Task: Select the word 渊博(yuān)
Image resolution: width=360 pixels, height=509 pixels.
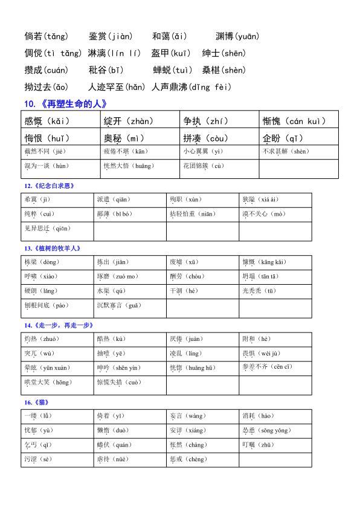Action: [x=237, y=36]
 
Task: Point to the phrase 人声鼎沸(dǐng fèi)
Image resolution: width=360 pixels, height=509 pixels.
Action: [x=191, y=87]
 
